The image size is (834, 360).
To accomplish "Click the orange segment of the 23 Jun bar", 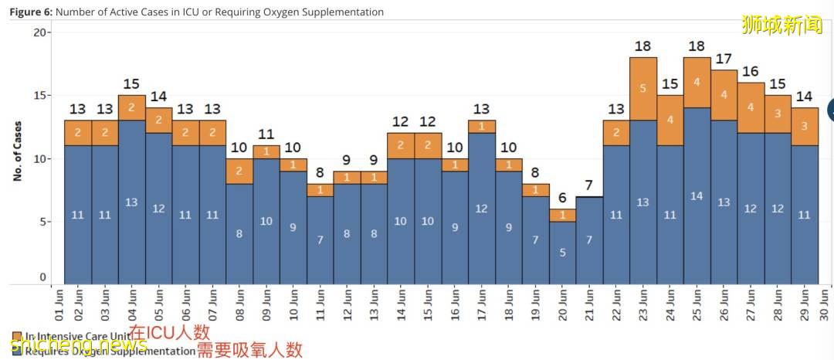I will [x=643, y=89].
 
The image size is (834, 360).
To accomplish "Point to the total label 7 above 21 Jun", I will [x=589, y=185].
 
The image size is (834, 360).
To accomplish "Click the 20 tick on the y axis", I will [x=39, y=32].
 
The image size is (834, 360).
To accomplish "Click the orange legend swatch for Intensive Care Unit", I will [x=16, y=337].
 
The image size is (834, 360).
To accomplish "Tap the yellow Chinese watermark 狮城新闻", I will [x=781, y=25].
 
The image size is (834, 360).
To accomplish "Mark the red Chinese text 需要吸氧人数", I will [x=249, y=350].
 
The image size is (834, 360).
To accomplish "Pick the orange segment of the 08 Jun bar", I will [x=239, y=171].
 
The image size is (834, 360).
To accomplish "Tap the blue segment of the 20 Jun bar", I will [x=562, y=252].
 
